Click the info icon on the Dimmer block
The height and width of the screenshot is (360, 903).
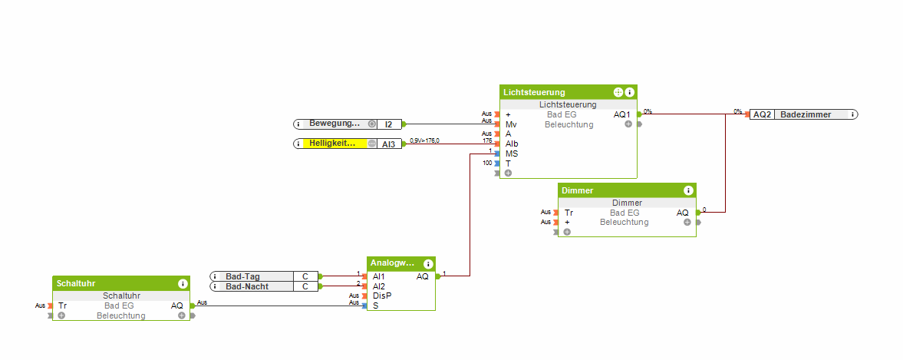(x=688, y=190)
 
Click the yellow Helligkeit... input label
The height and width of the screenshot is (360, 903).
(x=332, y=144)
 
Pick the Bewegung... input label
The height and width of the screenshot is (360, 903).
(x=334, y=124)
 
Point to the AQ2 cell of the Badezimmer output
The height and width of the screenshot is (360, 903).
(x=762, y=114)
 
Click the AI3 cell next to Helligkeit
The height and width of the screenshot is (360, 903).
(x=389, y=144)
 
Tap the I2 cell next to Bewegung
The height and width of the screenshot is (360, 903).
(x=389, y=124)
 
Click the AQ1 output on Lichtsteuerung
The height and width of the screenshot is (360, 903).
(x=622, y=114)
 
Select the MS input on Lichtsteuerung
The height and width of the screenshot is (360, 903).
(x=512, y=154)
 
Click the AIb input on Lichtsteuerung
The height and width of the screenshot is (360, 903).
(x=512, y=144)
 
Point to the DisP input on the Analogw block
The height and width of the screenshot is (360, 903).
(x=381, y=296)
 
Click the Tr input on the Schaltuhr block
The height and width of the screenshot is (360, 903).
(x=63, y=306)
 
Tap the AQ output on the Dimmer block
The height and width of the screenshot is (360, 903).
(x=682, y=213)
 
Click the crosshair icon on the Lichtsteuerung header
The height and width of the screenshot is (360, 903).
(x=618, y=92)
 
